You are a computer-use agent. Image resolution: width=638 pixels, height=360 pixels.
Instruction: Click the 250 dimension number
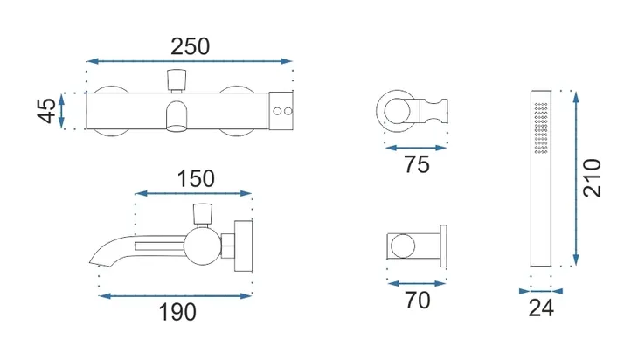[190, 47]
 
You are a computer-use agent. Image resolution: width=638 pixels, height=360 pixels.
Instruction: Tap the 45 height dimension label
[47, 110]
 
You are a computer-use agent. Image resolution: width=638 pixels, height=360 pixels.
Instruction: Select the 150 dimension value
[196, 179]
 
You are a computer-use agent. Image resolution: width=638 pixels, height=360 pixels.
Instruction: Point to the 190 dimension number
[177, 312]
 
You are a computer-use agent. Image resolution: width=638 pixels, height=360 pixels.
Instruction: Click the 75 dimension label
[417, 165]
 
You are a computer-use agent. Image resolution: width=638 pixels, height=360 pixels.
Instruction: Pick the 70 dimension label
[417, 301]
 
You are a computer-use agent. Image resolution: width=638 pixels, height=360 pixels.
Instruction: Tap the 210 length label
[592, 178]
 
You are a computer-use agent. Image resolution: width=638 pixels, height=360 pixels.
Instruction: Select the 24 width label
[541, 308]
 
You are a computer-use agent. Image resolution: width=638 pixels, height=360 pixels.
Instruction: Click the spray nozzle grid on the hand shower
[541, 128]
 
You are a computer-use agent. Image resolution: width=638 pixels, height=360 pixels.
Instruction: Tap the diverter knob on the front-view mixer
[177, 80]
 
